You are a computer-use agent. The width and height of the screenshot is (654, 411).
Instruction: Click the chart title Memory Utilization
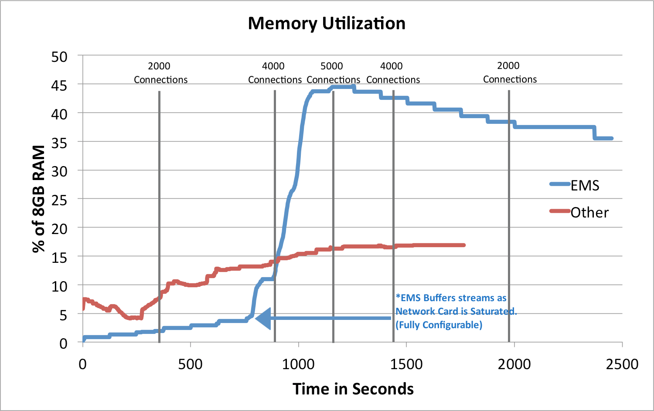[327, 24]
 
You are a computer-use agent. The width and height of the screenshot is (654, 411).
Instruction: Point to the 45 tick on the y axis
[59, 85]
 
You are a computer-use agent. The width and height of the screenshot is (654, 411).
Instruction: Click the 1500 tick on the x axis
[406, 364]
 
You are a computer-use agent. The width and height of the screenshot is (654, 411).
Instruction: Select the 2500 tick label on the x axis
[622, 364]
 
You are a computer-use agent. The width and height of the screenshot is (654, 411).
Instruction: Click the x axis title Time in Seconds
[353, 389]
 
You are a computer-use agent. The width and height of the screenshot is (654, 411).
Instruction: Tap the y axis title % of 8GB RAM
[39, 199]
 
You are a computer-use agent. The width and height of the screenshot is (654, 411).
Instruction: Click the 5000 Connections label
[333, 73]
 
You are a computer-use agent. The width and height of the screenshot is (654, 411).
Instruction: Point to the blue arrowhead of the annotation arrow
[262, 318]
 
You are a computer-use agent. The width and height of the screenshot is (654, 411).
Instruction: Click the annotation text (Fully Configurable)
[439, 325]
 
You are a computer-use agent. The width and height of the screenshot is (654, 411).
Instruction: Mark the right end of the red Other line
[464, 245]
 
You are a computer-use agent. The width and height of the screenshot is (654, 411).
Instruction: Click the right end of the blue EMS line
[612, 139]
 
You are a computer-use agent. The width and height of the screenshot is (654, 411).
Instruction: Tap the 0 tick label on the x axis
[82, 364]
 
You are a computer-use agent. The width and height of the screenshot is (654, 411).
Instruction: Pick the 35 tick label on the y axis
[59, 143]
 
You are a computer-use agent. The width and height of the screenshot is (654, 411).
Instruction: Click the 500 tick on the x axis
[191, 364]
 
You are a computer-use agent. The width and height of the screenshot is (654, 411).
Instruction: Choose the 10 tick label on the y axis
[59, 286]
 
